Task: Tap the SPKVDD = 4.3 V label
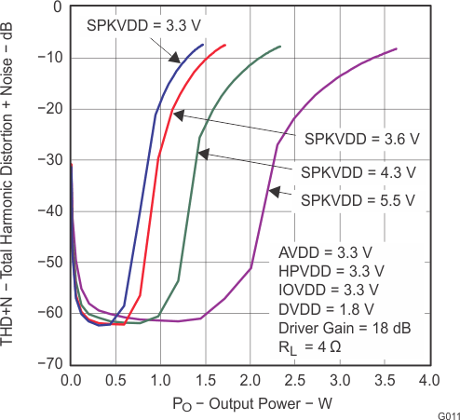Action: pyautogui.click(x=359, y=172)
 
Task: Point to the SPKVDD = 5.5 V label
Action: pyautogui.click(x=359, y=198)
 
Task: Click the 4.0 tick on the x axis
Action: pyautogui.click(x=427, y=381)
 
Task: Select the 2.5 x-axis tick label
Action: pyautogui.click(x=292, y=381)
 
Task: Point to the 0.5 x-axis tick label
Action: pyautogui.click(x=114, y=381)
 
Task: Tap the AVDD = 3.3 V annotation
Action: pyautogui.click(x=325, y=253)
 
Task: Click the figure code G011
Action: pyautogui.click(x=447, y=413)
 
